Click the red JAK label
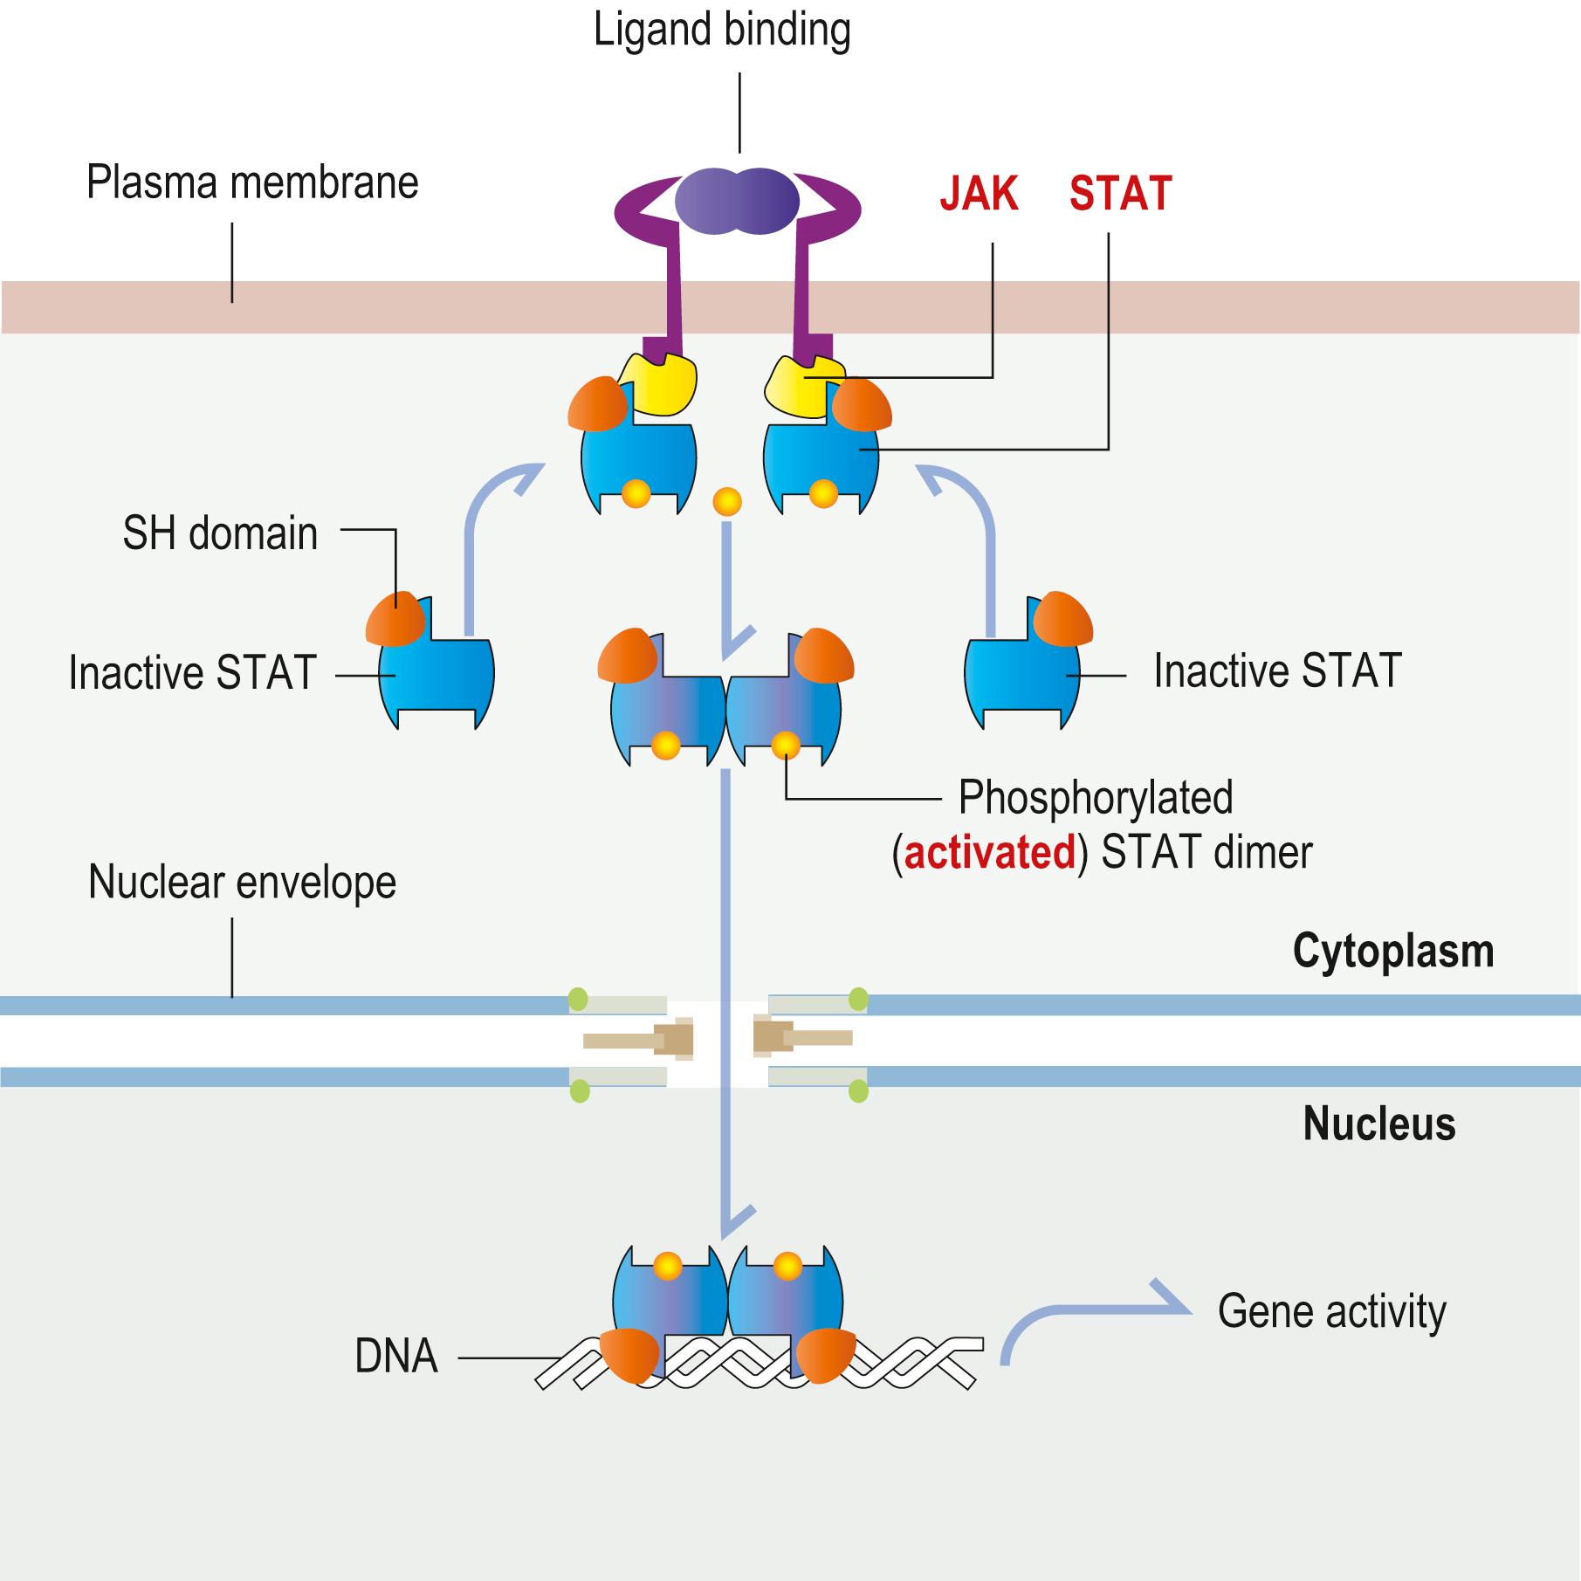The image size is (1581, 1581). click(979, 194)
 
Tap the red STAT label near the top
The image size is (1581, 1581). click(1120, 194)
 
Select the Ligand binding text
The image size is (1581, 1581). click(722, 31)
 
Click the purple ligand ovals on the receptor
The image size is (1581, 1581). click(738, 202)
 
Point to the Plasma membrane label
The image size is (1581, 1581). click(252, 183)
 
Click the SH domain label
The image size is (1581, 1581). click(220, 533)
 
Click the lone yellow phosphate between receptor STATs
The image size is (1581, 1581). click(727, 501)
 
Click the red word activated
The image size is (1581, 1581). click(990, 852)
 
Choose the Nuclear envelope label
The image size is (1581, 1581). click(242, 883)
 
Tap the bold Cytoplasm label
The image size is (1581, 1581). click(1392, 951)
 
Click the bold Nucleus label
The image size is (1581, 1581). click(1378, 1124)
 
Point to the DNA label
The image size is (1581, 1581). click(395, 1357)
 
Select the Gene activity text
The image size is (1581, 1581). click(1331, 1311)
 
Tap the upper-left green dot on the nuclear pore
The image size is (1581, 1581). click(578, 997)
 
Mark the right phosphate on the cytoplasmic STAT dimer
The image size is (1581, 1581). click(785, 745)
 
